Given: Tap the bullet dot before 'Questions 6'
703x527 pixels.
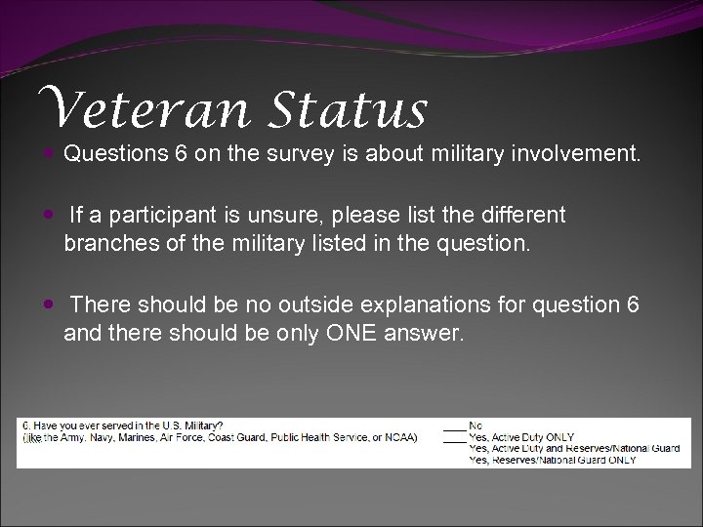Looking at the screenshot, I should tap(49, 153).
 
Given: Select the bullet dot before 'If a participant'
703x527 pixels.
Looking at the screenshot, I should tap(49, 214).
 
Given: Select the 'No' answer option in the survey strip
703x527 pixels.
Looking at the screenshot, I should tap(476, 426).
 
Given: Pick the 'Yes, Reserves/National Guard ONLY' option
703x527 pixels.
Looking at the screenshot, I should tap(552, 459).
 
